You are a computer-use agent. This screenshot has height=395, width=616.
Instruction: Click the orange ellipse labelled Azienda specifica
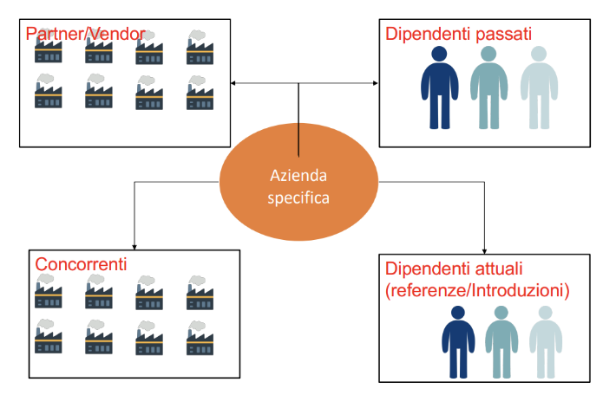pos(298,182)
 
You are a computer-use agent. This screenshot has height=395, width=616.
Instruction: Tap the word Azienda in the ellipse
pos(298,175)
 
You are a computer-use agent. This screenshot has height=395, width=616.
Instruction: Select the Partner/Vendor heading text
pos(85,34)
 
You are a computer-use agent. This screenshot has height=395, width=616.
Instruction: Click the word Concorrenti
pos(81,264)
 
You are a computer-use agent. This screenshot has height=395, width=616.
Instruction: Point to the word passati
pos(503,35)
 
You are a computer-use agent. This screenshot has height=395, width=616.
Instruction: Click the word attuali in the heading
pos(499,269)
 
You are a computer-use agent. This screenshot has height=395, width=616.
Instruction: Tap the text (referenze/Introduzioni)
pos(477,291)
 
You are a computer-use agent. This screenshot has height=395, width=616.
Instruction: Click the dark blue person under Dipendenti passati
pos(439,87)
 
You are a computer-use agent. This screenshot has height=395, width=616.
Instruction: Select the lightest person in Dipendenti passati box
pos(539,87)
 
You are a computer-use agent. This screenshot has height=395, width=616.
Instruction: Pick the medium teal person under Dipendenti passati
pos(488,87)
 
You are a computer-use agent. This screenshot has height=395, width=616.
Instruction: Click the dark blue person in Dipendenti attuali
pos(458,342)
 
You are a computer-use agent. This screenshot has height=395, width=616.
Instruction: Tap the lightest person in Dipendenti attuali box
pos(546,342)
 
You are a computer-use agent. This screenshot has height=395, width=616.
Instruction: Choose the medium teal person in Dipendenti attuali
pos(501,342)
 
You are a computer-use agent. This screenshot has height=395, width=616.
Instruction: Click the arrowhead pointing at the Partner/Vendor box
pos(233,83)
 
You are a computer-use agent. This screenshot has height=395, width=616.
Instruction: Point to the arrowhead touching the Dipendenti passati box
pos(376,83)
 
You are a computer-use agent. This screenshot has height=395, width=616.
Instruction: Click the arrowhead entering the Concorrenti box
pos(134,248)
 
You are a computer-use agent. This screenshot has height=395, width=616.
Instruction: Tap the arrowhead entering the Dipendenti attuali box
pos(484,252)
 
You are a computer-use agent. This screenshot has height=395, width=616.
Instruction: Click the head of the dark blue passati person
pos(439,54)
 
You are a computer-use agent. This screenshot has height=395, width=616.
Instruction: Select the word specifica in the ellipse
pos(298,197)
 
